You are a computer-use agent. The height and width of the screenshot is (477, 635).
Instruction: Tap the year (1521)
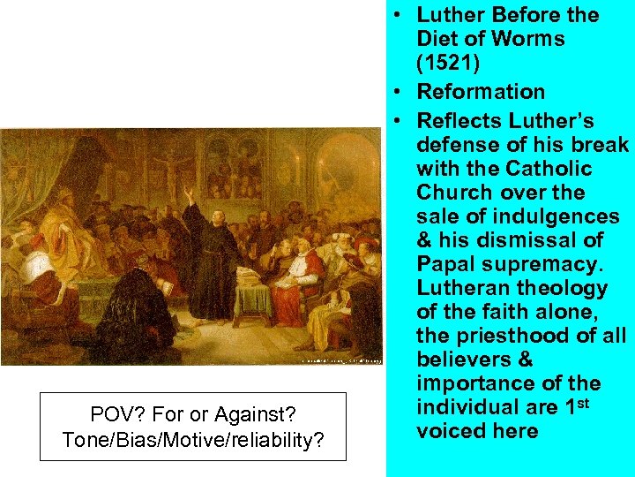tap(451, 64)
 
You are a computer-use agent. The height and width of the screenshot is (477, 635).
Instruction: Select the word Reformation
tap(481, 92)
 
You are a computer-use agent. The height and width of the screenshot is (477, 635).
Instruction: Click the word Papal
tap(452, 264)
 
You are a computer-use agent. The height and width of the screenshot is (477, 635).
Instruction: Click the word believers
tap(466, 360)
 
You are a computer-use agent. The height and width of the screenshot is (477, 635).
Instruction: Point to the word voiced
tap(453, 431)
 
